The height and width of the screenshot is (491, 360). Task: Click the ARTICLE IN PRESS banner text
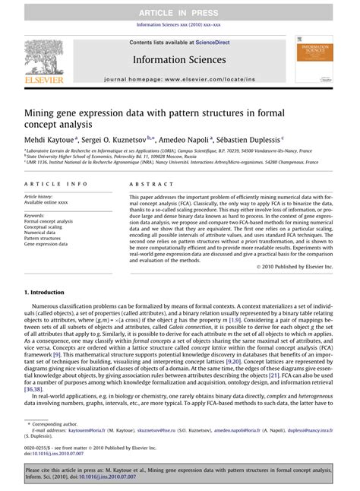click(179, 8)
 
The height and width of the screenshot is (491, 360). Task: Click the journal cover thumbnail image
click(311, 60)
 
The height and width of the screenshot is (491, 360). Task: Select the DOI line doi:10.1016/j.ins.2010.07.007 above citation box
click(57, 454)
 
